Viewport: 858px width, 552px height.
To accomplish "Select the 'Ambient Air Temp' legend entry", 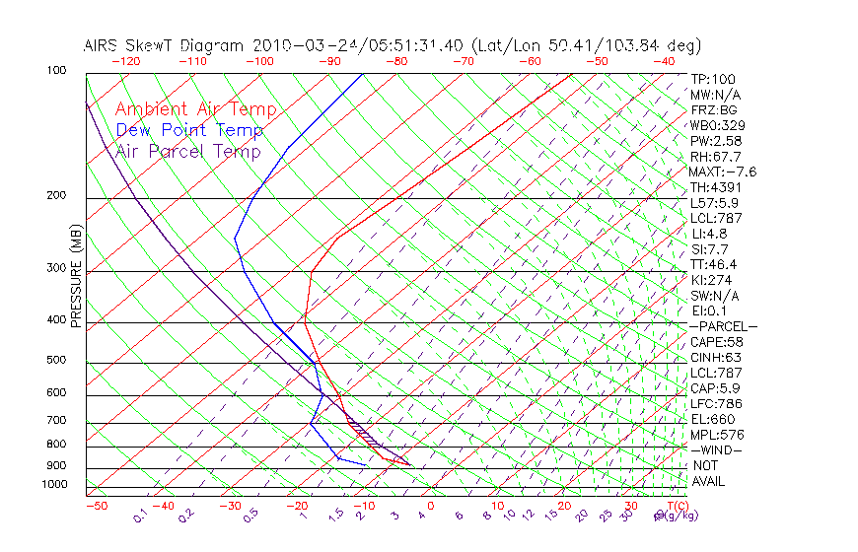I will coord(195,109).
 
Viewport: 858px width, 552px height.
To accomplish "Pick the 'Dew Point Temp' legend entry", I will coord(189,130).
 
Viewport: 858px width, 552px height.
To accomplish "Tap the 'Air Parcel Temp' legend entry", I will coord(188,151).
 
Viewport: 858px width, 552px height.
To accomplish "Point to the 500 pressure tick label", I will coord(55,361).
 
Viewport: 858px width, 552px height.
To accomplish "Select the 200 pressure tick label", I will coord(55,196).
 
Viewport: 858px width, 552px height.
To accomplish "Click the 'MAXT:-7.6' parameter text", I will coord(724,172).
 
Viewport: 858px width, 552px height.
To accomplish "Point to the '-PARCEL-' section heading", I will coord(723,326).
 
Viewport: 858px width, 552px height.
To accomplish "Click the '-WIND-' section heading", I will coord(716,450).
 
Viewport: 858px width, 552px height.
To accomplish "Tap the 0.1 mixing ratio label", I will coord(140,516).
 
